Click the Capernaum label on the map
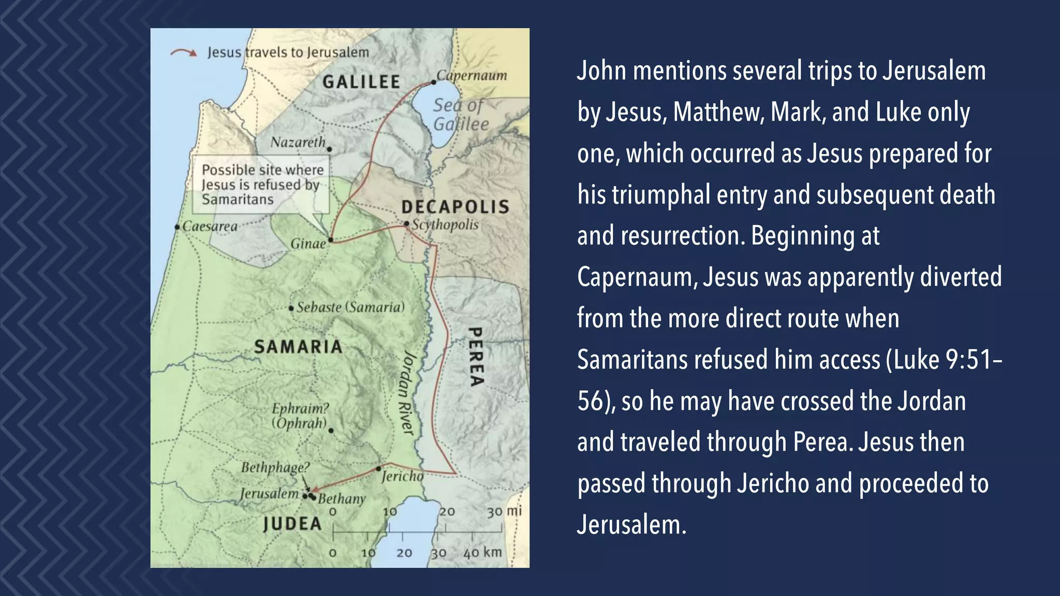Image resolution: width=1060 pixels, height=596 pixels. tap(472, 76)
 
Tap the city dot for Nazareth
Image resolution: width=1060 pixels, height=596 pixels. tap(329, 150)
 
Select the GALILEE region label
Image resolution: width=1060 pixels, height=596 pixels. tap(361, 82)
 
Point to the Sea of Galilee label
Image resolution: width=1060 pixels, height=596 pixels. tap(460, 114)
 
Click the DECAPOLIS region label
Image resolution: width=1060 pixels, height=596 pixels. tap(455, 207)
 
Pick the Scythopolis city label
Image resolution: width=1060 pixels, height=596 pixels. tap(445, 225)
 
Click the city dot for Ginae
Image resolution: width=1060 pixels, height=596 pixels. tap(331, 240)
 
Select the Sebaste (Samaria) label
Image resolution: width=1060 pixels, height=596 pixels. tap(350, 307)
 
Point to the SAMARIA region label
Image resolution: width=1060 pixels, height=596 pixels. tap(298, 347)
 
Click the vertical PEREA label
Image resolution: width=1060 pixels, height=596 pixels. tap(476, 356)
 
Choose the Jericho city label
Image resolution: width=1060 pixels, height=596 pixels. tap(402, 476)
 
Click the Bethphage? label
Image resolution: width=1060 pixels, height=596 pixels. tap(275, 468)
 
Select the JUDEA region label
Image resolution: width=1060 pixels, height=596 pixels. tap(292, 524)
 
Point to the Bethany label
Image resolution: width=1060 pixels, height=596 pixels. tap(342, 499)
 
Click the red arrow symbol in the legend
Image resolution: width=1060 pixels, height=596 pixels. tap(184, 52)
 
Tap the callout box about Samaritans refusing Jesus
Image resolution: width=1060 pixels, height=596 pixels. tap(261, 185)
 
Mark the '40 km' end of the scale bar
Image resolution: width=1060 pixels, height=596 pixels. tap(482, 553)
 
